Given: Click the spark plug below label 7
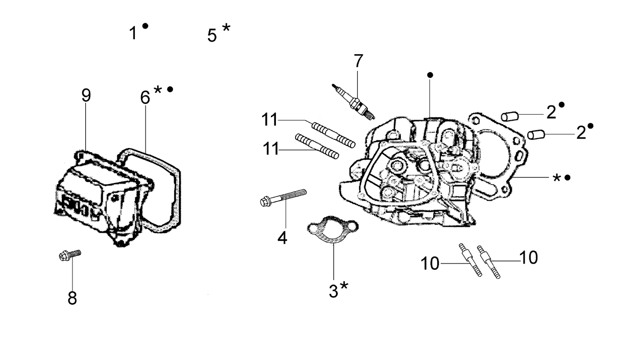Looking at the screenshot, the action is click(354, 102).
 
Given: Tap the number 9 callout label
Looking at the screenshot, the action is click(86, 95).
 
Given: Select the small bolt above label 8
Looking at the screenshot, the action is click(70, 255).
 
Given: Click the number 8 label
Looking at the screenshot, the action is click(73, 298).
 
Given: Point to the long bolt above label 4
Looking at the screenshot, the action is click(283, 197).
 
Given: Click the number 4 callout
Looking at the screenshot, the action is click(282, 238).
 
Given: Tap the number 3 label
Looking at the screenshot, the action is click(333, 291).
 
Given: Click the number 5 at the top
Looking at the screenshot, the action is click(212, 35).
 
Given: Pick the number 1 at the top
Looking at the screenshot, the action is click(133, 33).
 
